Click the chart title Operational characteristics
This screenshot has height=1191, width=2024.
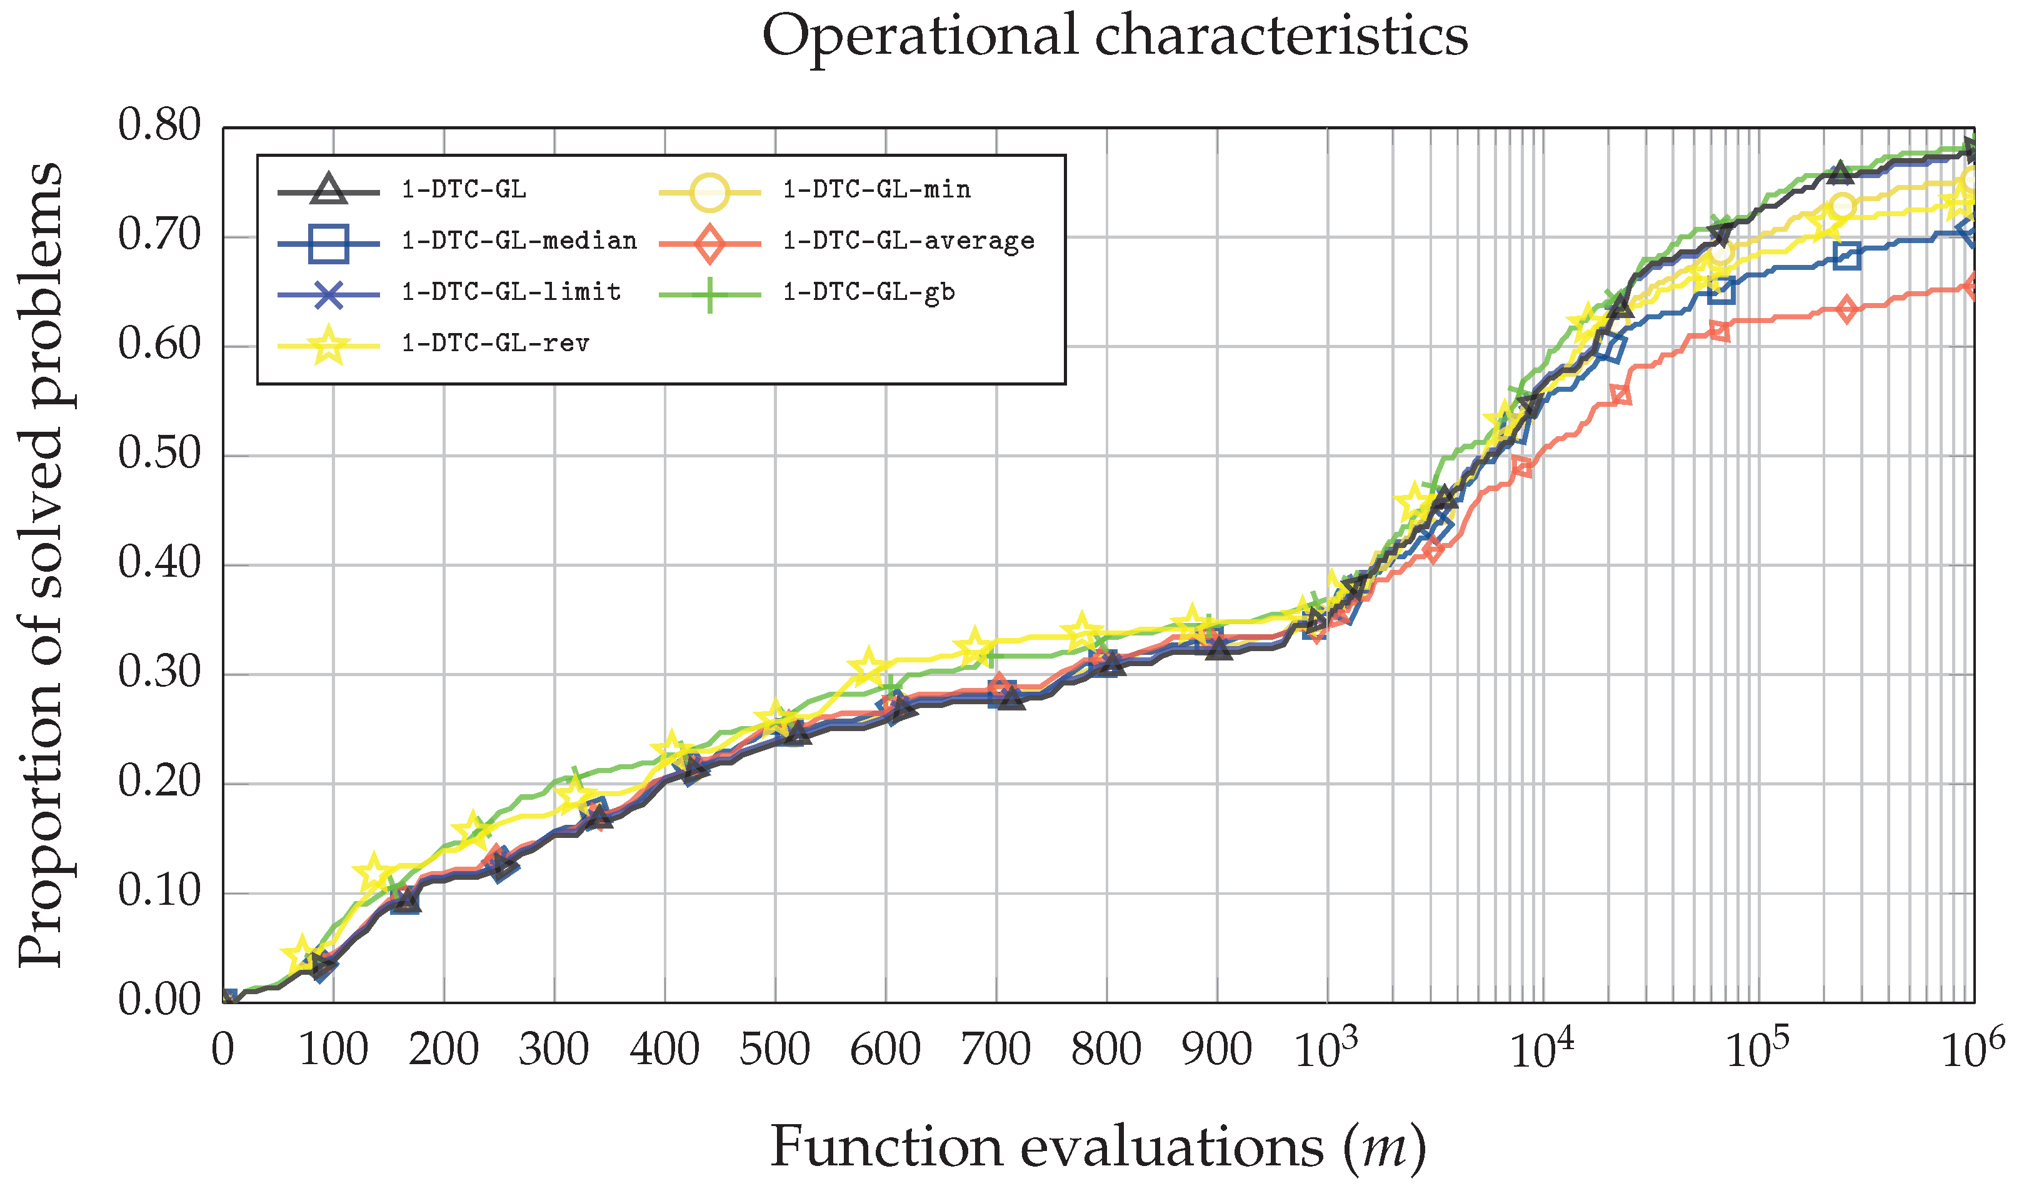tap(1114, 36)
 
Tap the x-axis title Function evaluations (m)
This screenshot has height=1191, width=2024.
tap(1098, 1147)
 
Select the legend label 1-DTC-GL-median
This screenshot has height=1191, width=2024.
tap(519, 241)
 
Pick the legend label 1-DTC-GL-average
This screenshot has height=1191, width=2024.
tap(908, 241)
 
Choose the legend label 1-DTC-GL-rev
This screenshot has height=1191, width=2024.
tap(496, 344)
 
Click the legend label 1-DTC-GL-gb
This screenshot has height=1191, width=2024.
tap(869, 292)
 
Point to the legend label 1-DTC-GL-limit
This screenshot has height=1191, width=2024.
tap(511, 292)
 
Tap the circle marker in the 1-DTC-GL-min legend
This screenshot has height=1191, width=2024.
tap(709, 191)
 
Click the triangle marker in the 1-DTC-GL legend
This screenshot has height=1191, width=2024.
tap(328, 189)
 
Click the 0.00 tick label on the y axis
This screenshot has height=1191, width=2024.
tap(159, 1000)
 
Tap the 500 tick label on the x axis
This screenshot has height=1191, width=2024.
tap(774, 1050)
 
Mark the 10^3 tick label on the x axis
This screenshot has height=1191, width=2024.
tap(1325, 1050)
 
